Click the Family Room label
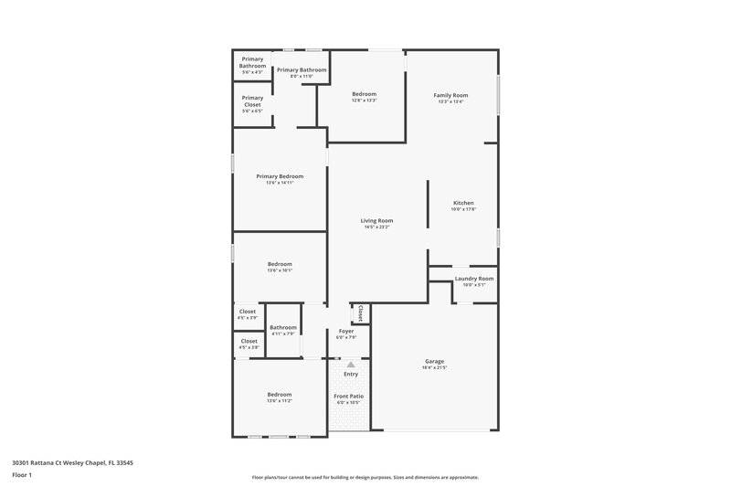(450, 95)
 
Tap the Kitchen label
(463, 203)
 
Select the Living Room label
(376, 220)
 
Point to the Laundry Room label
(473, 278)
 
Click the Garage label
(434, 361)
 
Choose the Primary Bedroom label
(280, 176)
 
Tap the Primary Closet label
(252, 101)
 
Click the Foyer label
(346, 331)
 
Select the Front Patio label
(348, 396)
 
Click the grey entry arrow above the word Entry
(350, 365)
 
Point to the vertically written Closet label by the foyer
(361, 314)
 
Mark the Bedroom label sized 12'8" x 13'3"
(364, 94)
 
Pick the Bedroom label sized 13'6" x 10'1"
(280, 264)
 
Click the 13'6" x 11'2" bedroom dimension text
(280, 401)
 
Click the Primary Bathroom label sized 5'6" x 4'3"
(252, 63)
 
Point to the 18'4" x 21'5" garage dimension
(434, 367)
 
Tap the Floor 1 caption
(23, 476)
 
